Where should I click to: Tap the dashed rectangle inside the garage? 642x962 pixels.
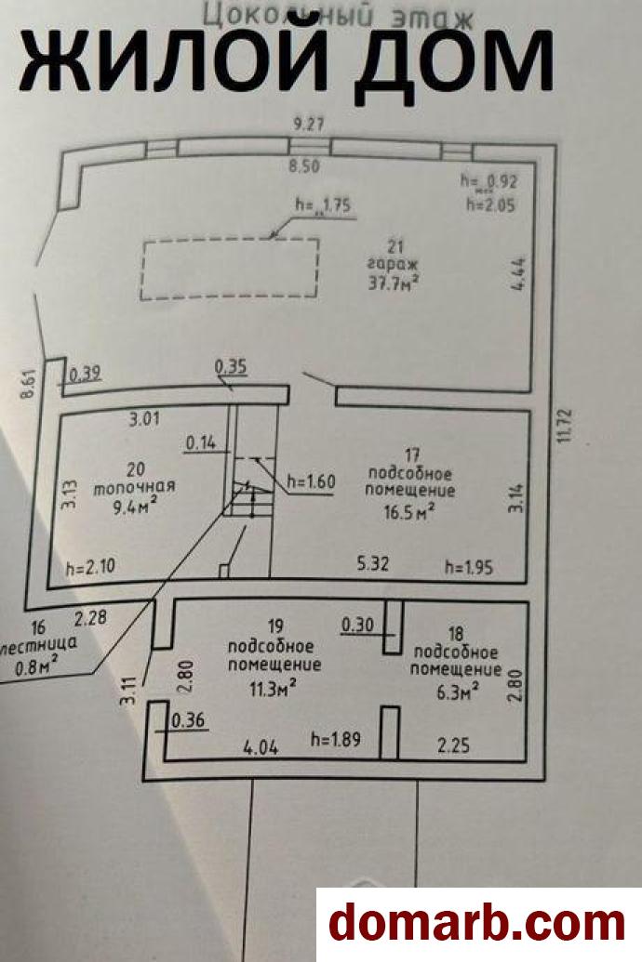(230, 269)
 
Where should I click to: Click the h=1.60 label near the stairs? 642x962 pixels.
(310, 481)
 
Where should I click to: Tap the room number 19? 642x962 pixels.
(274, 626)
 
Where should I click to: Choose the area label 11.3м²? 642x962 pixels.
(274, 687)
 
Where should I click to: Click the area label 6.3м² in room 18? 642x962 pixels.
(457, 689)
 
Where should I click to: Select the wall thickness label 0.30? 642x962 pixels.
(357, 625)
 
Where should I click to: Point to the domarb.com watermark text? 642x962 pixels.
(477, 924)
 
